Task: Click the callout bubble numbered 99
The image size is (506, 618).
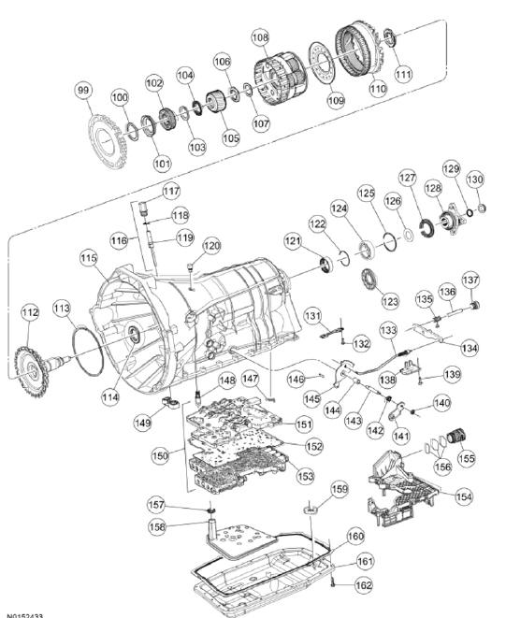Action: pos(84,90)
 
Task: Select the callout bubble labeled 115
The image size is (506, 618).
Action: pos(88,257)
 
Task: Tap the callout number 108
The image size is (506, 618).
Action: pos(260,38)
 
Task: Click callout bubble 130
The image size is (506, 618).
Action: pos(475,180)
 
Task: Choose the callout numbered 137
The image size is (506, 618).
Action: pos(470,280)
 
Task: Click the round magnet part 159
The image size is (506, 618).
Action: pos(311,508)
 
